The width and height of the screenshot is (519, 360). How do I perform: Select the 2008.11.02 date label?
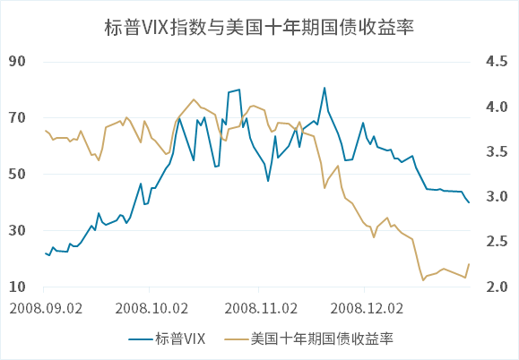pos(261,307)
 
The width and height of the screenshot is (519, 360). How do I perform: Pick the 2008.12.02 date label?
pos(368,307)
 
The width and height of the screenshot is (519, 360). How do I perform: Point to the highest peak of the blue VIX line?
pos(324,88)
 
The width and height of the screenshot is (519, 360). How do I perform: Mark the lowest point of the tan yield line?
pos(423,280)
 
